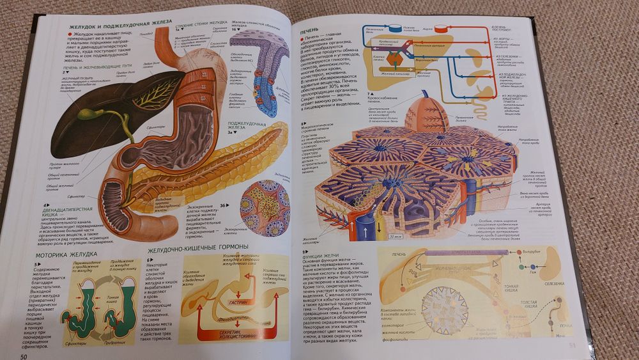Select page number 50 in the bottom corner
[x=24, y=356]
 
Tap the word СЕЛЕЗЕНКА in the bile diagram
[x=553, y=283]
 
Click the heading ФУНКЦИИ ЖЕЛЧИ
[x=323, y=258]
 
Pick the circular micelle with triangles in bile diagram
[x=444, y=309]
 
